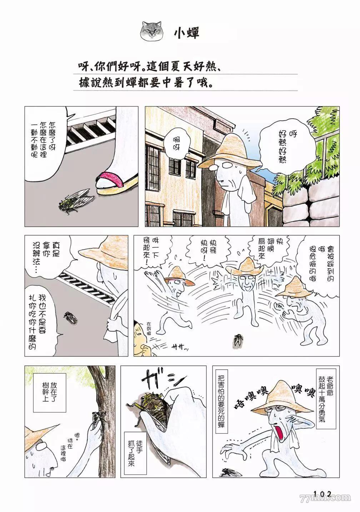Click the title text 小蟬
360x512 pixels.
point(186,32)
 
